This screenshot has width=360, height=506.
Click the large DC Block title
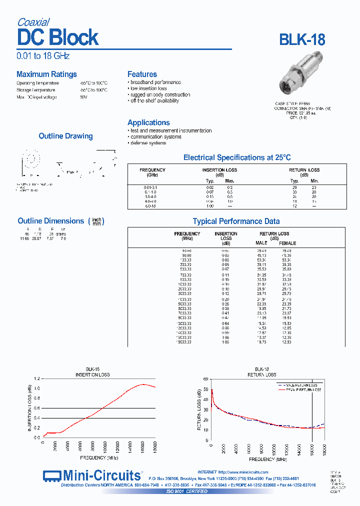tap(58, 38)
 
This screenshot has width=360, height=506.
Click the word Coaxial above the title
tap(33, 22)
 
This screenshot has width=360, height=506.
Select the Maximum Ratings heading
tap(46, 74)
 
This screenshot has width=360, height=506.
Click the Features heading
tap(142, 74)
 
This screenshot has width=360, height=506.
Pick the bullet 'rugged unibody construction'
tap(159, 94)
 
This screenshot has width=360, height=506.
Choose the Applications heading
tap(148, 122)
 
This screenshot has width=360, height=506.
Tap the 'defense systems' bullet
tap(148, 143)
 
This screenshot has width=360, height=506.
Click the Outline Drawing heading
tap(65, 136)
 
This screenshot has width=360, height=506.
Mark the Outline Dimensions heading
tap(50, 221)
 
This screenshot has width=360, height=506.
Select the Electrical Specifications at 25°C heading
tap(236, 157)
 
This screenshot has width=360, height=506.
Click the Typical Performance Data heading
tap(236, 221)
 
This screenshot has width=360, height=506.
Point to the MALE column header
tap(262, 243)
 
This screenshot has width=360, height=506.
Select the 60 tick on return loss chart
tap(205, 379)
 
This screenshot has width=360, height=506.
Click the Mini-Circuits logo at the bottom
tap(92, 475)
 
